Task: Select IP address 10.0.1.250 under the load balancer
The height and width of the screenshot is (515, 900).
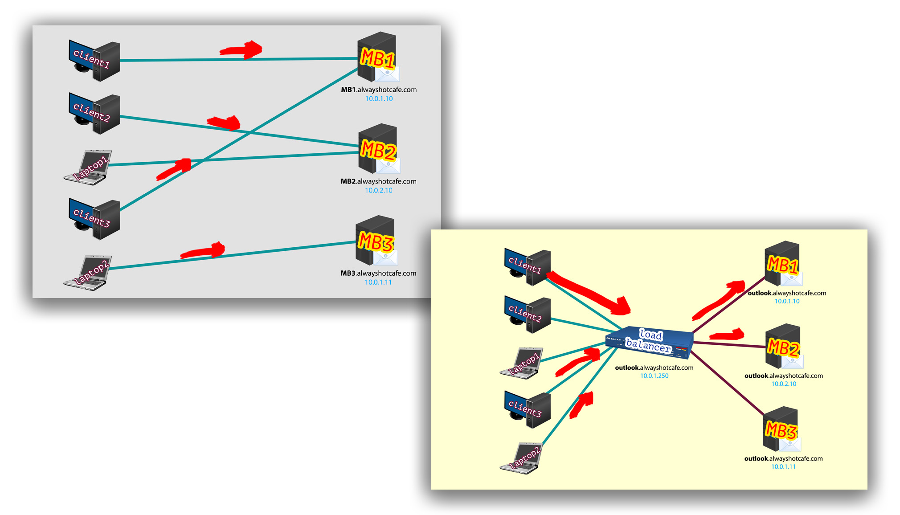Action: pyautogui.click(x=654, y=376)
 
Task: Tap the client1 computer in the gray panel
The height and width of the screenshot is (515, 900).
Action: pyautogui.click(x=95, y=61)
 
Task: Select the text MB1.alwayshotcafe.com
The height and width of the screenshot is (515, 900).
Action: pyautogui.click(x=379, y=90)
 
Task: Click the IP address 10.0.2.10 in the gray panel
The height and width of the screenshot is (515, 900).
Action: pyautogui.click(x=379, y=190)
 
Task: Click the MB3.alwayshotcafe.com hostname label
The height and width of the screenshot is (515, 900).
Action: pyautogui.click(x=378, y=273)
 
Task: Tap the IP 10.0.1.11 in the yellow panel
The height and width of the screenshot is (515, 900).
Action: pyautogui.click(x=783, y=467)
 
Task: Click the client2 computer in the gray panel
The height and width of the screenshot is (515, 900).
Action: pyautogui.click(x=95, y=114)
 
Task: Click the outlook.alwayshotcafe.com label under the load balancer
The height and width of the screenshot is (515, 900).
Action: pyautogui.click(x=654, y=368)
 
